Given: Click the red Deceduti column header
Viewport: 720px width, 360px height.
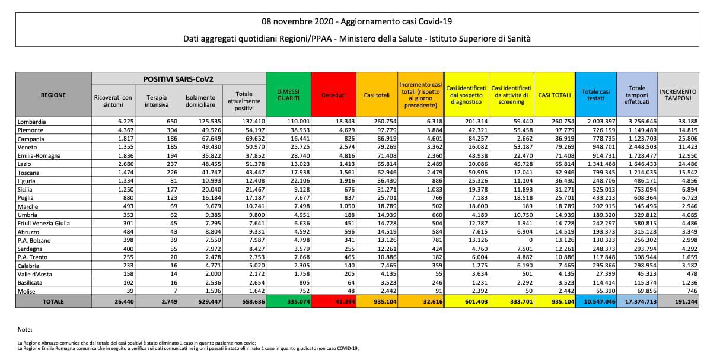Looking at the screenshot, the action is tap(333, 95).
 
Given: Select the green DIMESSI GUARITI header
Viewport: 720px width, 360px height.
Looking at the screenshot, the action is tap(288, 95).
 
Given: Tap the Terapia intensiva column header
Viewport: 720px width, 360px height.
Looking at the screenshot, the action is tap(157, 101).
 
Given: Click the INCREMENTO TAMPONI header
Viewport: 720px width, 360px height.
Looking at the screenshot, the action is tap(678, 95).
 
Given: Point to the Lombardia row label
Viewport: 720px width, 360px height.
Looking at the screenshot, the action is tap(32, 122).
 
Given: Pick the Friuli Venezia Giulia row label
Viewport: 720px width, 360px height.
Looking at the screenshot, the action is tap(44, 224).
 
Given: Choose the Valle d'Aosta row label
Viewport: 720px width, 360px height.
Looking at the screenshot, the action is tap(35, 274).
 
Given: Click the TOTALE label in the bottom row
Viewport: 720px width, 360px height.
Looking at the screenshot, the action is tap(53, 301).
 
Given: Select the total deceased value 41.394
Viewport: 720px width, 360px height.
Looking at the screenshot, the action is tap(345, 301).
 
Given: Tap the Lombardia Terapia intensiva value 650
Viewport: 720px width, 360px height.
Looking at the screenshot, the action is tap(172, 122).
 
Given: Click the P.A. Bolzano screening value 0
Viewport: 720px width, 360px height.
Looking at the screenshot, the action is tap(531, 240).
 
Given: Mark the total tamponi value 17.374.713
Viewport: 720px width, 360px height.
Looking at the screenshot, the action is tap(641, 301).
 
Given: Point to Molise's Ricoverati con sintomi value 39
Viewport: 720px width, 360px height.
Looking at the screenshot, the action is tap(130, 291).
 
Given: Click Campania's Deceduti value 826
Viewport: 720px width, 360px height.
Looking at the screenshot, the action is tap(349, 139).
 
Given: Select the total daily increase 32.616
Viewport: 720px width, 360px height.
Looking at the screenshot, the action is tap(432, 301).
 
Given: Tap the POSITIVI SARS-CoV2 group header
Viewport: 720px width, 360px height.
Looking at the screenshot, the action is tap(179, 79).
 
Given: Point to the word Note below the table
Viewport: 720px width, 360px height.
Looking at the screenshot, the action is tap(25, 330).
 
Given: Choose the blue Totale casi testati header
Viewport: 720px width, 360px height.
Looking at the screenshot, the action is tap(595, 95).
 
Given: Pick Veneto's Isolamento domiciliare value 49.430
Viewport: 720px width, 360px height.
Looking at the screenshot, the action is tap(210, 147).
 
